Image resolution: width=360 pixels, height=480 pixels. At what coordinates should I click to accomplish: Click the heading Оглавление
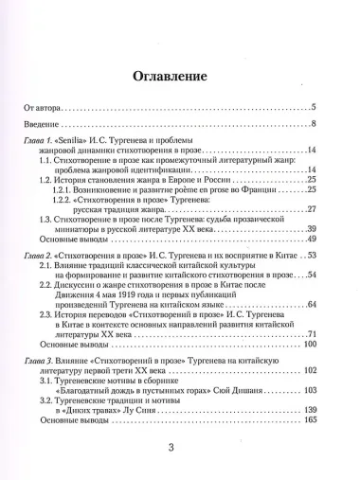point(179,78)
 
